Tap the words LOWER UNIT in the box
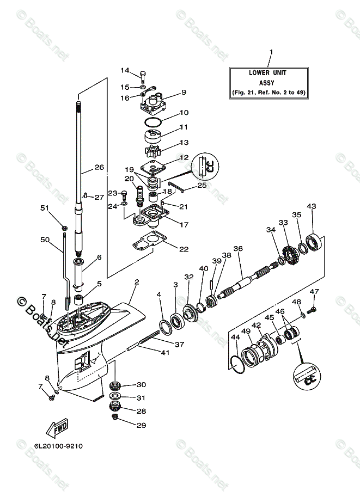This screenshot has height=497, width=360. coord(267,72)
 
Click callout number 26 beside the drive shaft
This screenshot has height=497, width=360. coord(99,167)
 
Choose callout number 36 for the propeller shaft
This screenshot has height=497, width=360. coord(238,249)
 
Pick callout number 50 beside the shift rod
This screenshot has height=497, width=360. coord(45,239)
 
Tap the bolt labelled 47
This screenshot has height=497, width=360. coord(312,309)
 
